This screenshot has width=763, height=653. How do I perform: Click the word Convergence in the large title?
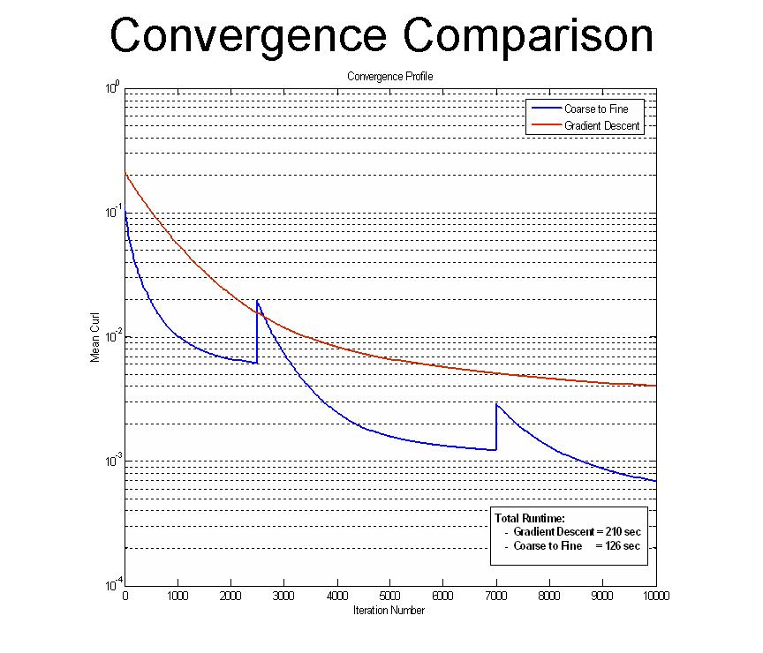(249, 36)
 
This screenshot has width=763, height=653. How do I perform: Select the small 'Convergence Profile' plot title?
(390, 77)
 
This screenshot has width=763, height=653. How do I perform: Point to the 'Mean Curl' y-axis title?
(95, 337)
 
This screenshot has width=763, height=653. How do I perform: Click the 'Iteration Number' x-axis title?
(389, 611)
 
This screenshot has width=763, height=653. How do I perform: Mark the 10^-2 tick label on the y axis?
(111, 337)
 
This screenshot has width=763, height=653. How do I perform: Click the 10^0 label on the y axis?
(112, 88)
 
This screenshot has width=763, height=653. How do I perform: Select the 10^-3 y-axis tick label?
(111, 462)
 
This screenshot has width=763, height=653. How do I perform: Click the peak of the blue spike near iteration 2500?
(258, 301)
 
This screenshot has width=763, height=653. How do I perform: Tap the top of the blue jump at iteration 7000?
(496, 404)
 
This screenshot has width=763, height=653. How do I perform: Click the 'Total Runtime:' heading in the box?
(529, 518)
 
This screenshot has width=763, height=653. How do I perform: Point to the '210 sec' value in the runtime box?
(622, 532)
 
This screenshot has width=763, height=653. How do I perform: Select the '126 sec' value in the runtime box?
(622, 546)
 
